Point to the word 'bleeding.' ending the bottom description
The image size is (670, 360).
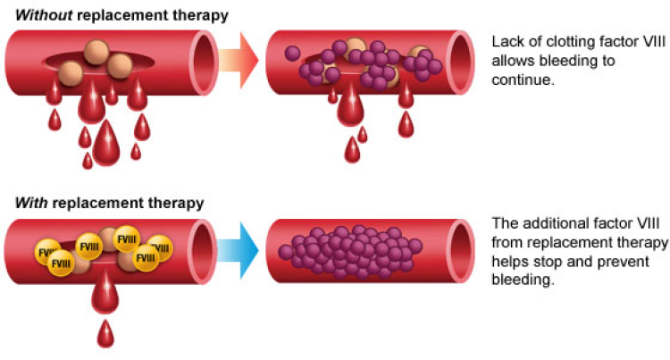[524, 279]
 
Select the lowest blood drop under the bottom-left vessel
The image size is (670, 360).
[106, 335]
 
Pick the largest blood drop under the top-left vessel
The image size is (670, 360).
[106, 143]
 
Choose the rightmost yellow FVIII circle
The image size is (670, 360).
[160, 249]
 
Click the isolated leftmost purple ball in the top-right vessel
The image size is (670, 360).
[292, 54]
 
